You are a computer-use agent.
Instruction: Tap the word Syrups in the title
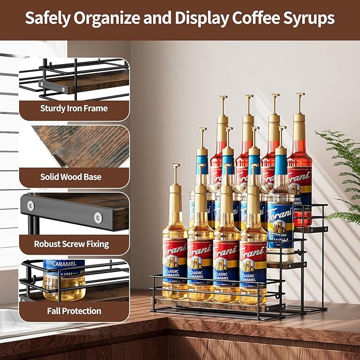311,19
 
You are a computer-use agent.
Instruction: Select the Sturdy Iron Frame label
74,109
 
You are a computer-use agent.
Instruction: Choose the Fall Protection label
74,311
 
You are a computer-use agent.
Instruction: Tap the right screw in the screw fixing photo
98,216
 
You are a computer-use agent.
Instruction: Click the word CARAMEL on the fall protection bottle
65,264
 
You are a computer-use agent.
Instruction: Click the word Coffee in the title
256,19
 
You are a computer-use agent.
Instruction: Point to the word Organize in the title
108,19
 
